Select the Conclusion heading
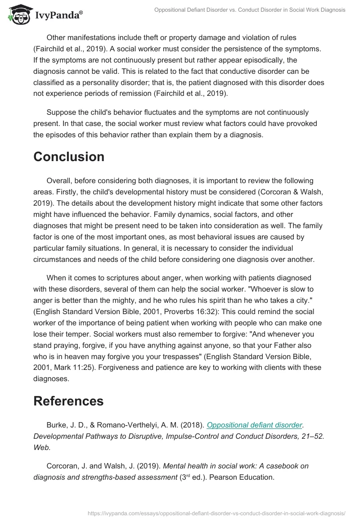69,157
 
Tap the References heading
68,401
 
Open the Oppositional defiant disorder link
254,425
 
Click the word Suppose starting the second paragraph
62,112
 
